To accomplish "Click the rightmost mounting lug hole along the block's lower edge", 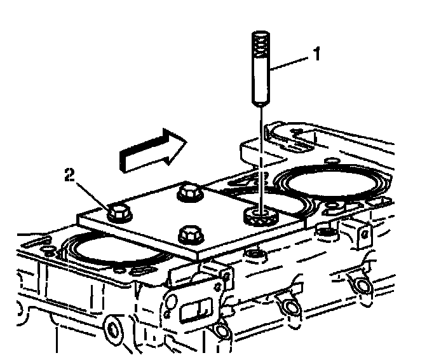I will point(363,287).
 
